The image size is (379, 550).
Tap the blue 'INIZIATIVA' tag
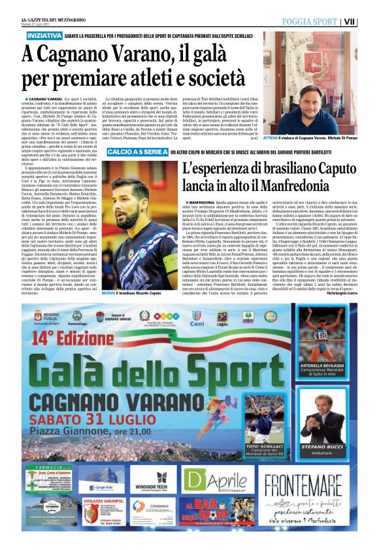point(44,34)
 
